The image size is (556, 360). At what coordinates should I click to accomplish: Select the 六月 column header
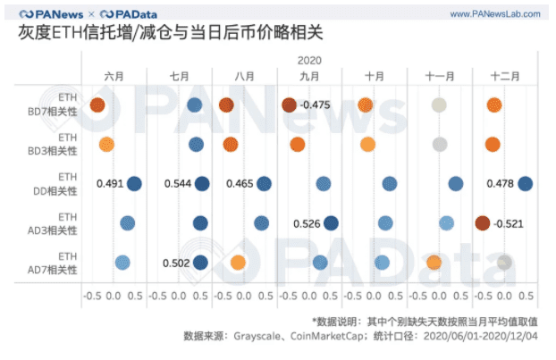[114, 77]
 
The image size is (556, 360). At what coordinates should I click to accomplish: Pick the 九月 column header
[309, 77]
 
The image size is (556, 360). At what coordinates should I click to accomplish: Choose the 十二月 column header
[505, 77]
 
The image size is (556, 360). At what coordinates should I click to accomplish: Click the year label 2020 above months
[309, 61]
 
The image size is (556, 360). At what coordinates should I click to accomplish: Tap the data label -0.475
[316, 105]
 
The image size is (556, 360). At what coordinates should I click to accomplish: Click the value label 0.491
[110, 184]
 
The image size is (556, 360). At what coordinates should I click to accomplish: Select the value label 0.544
[178, 184]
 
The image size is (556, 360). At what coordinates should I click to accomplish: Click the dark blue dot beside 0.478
[525, 184]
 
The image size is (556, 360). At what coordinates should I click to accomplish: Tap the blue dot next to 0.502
[200, 262]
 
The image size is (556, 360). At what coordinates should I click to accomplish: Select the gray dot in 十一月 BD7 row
[439, 105]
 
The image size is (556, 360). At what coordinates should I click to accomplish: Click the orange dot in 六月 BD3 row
[106, 145]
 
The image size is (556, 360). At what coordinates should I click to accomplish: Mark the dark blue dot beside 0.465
[264, 184]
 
